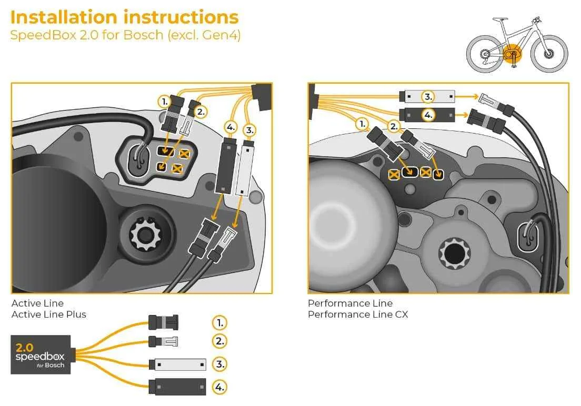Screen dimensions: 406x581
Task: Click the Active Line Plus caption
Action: pos(48,314)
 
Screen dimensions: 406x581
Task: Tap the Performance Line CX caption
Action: pos(357,314)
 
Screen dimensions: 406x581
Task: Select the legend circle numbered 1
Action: pos(219,322)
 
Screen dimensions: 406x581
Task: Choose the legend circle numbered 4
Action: pos(219,388)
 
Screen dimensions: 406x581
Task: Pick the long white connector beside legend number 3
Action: pos(177,364)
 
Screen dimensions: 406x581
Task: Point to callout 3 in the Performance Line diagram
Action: pos(428,96)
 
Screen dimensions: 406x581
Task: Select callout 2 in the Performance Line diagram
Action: pos(394,126)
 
